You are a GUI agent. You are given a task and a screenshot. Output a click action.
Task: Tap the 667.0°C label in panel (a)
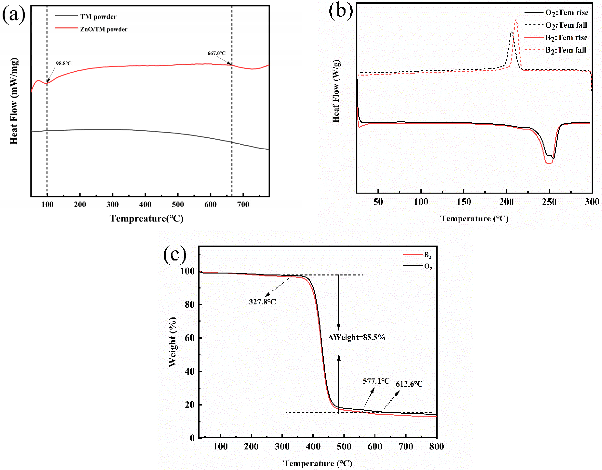(216, 53)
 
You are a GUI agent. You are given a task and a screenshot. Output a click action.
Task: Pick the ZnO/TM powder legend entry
(104, 29)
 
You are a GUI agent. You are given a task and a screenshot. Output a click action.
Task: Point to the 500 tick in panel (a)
(178, 204)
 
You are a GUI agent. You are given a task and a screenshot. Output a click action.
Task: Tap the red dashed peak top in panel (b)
(516, 20)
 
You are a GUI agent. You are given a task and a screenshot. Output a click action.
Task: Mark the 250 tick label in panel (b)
(549, 202)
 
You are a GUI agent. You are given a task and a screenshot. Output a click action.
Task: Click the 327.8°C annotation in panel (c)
(262, 302)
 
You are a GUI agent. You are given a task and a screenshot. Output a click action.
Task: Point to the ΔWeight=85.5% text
(356, 337)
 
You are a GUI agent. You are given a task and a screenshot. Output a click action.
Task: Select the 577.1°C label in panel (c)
(376, 381)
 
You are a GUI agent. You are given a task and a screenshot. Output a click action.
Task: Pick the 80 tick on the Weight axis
(189, 305)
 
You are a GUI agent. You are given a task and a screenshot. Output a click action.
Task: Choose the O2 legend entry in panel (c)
(428, 266)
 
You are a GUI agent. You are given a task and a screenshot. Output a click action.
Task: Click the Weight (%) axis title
(173, 342)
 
